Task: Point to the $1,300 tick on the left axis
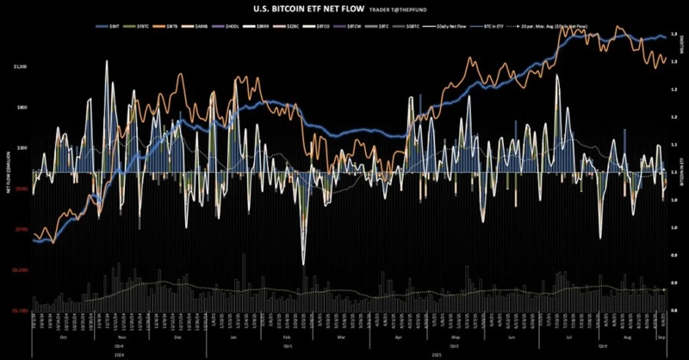click(21, 66)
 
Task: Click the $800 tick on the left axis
click(22, 108)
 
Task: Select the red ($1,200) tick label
click(19, 269)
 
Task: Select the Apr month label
click(397, 338)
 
